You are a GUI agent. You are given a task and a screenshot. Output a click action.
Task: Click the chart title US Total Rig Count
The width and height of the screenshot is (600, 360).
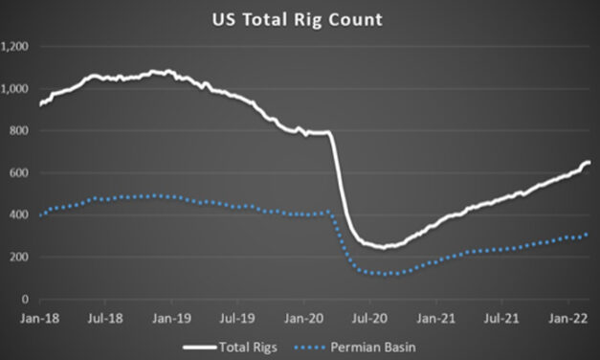[300, 19]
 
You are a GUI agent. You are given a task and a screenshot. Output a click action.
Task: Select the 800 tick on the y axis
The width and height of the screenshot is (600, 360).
[19, 131]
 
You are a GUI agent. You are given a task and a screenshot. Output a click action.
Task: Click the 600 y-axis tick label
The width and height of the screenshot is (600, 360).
[19, 173]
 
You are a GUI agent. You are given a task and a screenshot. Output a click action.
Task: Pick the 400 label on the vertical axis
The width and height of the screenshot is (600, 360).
[19, 215]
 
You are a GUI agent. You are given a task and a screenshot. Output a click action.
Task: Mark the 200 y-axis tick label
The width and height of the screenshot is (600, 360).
[19, 258]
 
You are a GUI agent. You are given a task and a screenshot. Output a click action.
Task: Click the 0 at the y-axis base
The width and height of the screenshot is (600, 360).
[26, 300]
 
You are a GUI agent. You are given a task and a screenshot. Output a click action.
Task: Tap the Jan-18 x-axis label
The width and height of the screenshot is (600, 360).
[39, 314]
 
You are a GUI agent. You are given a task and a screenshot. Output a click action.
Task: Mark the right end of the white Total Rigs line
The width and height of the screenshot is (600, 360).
[588, 163]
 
